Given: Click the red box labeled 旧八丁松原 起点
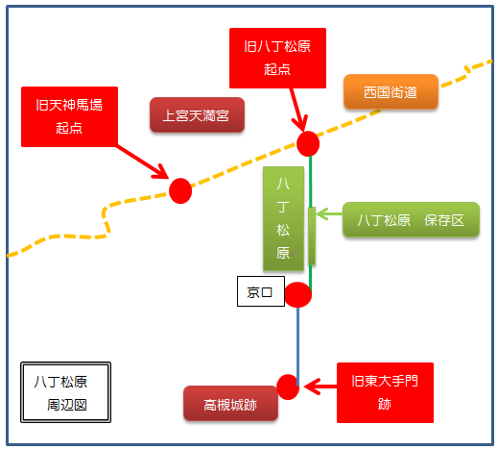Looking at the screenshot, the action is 277,58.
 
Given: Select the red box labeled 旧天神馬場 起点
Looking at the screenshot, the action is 69,116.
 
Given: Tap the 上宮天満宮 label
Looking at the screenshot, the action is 197,114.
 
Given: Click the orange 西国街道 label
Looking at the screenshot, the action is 391,91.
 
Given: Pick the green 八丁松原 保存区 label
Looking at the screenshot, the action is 411,219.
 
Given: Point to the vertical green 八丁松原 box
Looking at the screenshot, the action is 283,218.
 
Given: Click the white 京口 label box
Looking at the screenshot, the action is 261,291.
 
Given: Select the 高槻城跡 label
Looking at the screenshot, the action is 230,404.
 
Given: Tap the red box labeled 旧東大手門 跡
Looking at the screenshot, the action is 385,392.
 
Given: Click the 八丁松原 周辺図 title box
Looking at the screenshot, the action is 65,392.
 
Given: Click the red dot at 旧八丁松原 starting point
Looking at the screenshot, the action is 308,143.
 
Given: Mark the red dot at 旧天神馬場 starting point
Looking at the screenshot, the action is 180,190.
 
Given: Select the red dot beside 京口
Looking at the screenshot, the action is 297,294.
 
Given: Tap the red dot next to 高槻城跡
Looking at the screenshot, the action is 288,387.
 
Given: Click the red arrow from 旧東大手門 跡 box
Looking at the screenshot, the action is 320,387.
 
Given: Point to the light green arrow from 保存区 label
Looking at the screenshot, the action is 329,213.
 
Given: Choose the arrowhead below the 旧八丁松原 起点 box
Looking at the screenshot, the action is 300,123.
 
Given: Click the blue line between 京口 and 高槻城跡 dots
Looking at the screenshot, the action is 297,346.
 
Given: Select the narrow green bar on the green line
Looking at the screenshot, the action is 312,236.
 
